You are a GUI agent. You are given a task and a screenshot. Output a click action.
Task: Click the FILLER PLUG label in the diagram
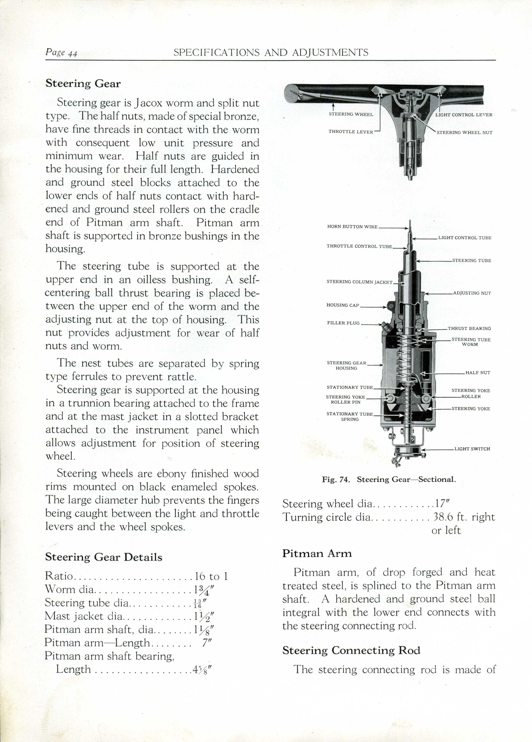point(343,323)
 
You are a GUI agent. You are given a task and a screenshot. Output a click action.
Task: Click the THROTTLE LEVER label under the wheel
point(350,132)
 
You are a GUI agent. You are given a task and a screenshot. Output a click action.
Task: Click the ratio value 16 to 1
point(211,576)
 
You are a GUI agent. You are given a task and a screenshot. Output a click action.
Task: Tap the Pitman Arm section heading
point(317,554)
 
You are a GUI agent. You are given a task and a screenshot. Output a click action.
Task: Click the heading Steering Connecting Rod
point(351,650)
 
